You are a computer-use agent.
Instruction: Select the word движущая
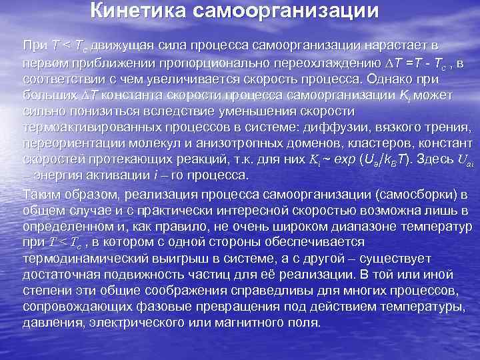[x=123, y=45]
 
